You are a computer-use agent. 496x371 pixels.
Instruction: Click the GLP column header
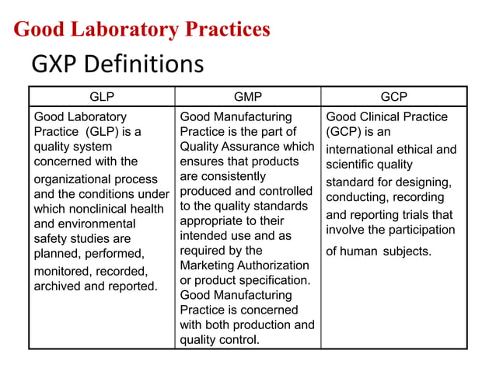click(x=102, y=97)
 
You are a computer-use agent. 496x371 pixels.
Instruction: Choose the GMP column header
click(x=249, y=97)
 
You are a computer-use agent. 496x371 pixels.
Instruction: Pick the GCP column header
click(x=394, y=97)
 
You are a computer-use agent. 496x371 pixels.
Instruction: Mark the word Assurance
click(x=249, y=146)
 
